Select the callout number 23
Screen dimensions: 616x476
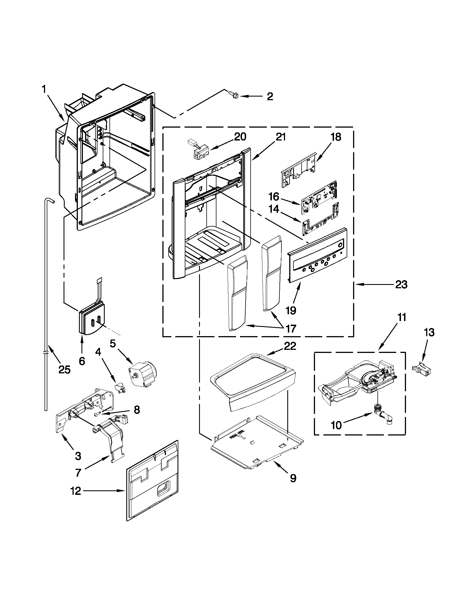401,285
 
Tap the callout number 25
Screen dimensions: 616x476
64,369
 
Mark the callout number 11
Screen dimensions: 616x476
402,317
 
